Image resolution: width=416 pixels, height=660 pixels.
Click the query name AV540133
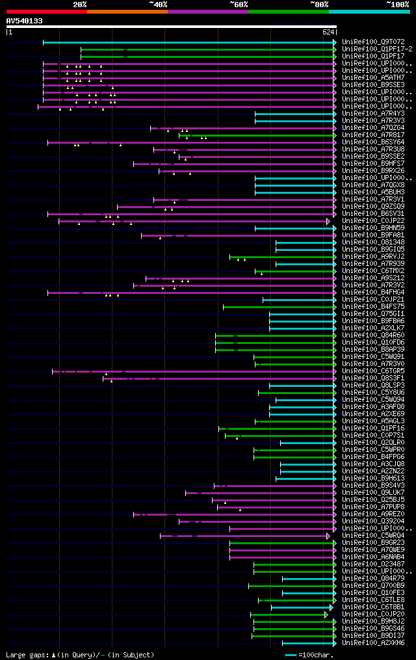25,21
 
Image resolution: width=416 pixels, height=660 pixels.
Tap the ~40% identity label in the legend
158,5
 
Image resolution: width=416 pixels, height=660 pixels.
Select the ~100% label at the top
397,5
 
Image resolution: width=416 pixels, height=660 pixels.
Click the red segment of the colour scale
46,12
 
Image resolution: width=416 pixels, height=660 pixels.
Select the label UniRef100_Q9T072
372,42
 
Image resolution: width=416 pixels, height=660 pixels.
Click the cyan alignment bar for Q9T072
188,42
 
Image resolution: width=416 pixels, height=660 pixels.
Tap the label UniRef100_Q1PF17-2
376,49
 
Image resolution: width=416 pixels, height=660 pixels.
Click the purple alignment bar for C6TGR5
195,371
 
